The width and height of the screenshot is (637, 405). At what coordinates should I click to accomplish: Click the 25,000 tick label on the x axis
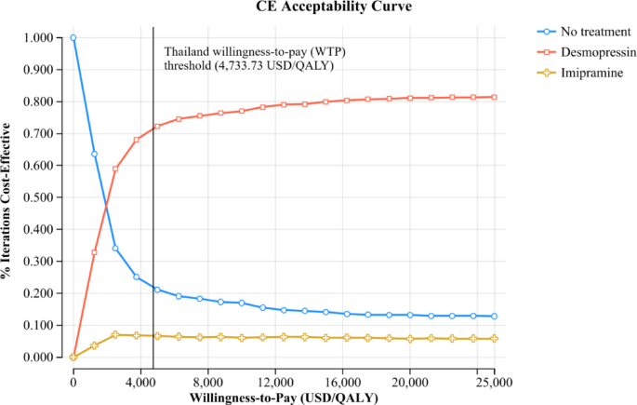pyautogui.click(x=494, y=382)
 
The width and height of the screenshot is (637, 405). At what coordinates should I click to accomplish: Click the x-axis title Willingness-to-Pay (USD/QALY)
pyautogui.click(x=284, y=398)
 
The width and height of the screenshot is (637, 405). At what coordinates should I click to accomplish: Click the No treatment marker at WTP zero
pyautogui.click(x=73, y=38)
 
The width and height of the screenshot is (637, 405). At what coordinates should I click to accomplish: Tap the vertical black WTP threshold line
pyautogui.click(x=153, y=233)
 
